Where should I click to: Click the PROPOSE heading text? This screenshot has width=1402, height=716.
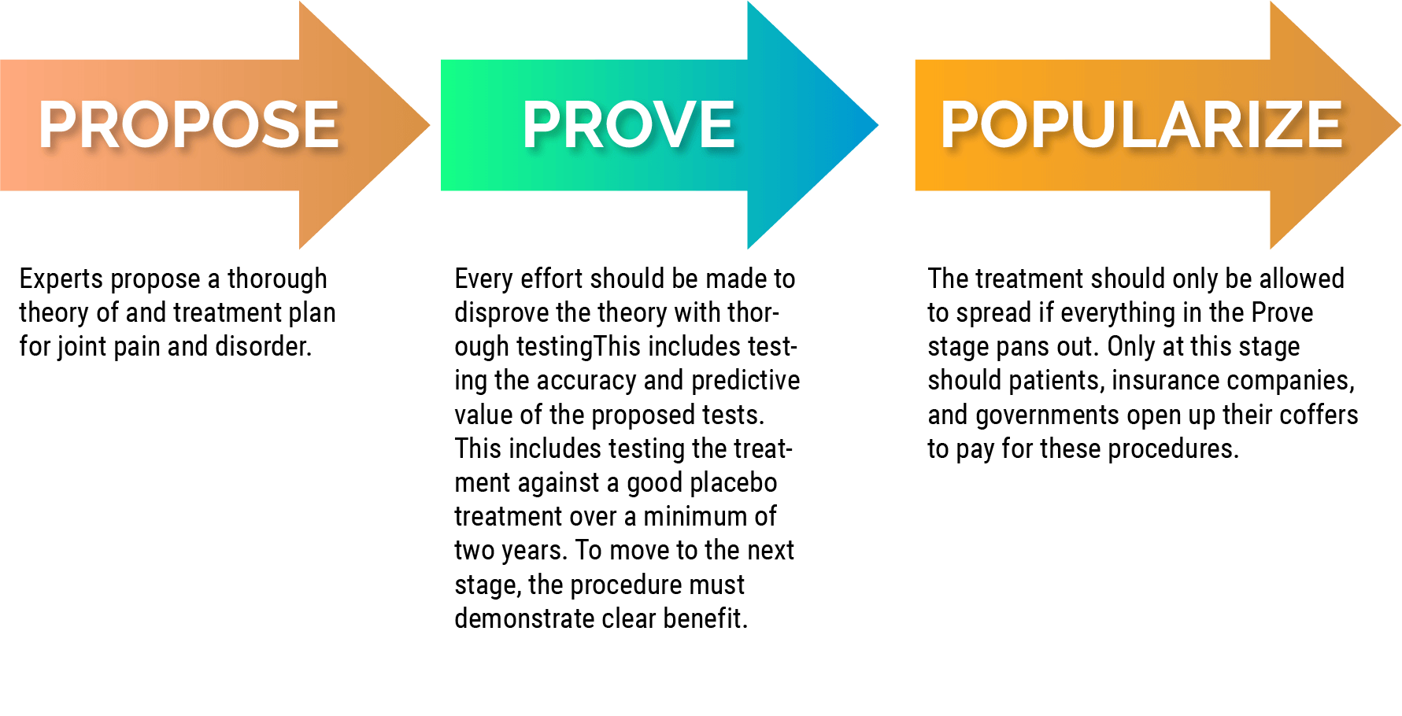click(189, 124)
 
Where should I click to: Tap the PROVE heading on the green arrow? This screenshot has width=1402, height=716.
click(629, 124)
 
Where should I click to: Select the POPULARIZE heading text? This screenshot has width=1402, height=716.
click(1141, 124)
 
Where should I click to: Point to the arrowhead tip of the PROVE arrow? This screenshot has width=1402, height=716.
click(878, 125)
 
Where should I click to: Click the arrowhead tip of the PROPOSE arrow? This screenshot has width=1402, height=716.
click(430, 125)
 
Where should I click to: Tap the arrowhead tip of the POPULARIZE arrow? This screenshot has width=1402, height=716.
click(1400, 125)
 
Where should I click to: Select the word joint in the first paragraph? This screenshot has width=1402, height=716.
click(81, 347)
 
